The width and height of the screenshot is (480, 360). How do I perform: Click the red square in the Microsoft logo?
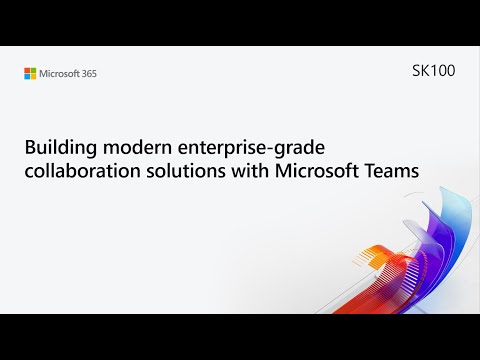tap(27, 70)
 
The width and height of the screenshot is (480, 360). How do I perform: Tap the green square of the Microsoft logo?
tap(33, 70)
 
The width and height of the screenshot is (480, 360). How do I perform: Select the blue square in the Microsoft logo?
tap(27, 76)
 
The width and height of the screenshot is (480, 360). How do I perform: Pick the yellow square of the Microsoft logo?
tap(33, 76)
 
